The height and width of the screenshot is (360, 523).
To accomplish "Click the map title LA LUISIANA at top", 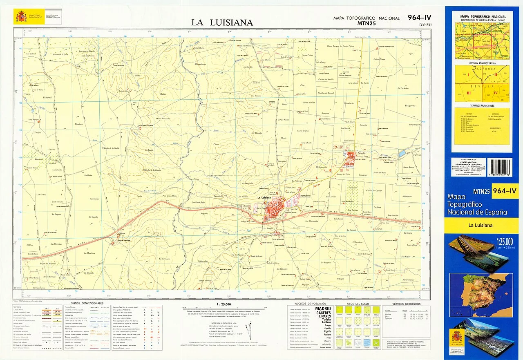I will click(222, 23).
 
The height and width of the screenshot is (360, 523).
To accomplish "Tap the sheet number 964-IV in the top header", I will click(419, 17).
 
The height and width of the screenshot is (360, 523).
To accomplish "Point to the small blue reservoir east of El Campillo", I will click(402, 153).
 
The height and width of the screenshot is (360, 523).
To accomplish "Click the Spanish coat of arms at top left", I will click(21, 16).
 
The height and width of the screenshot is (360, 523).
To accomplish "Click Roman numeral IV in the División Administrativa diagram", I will click(496, 93).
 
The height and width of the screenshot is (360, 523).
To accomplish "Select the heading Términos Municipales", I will click(482, 105).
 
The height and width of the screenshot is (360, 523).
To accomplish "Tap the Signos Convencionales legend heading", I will click(87, 304).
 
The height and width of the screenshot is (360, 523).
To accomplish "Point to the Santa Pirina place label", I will click(307, 55).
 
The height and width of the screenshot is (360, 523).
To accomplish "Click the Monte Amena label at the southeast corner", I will click(407, 280).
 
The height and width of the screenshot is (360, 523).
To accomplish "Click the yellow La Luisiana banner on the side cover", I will click(481, 225).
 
